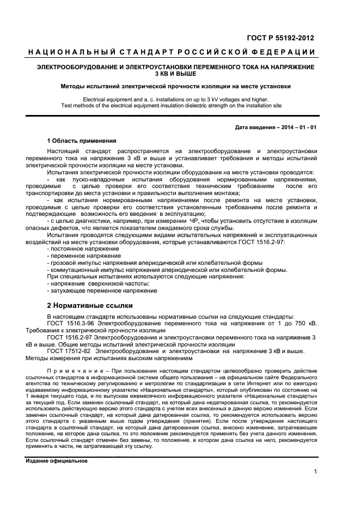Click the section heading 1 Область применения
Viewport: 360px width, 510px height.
tap(81, 141)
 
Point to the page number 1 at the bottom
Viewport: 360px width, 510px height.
tap(315, 472)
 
